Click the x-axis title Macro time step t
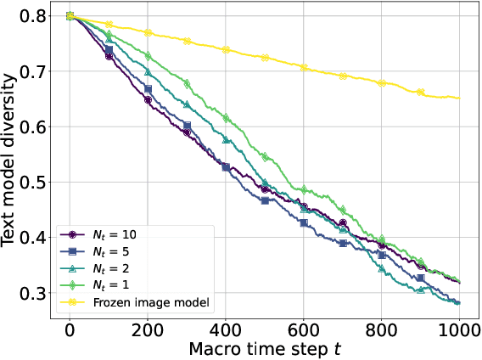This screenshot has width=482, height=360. pyautogui.click(x=265, y=348)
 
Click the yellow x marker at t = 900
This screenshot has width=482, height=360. pyautogui.click(x=421, y=92)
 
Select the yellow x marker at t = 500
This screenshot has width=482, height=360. pyautogui.click(x=265, y=58)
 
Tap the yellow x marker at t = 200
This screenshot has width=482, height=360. pyautogui.click(x=148, y=32)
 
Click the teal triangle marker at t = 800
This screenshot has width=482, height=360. pyautogui.click(x=382, y=269)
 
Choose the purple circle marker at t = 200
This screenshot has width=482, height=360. pyautogui.click(x=148, y=100)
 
